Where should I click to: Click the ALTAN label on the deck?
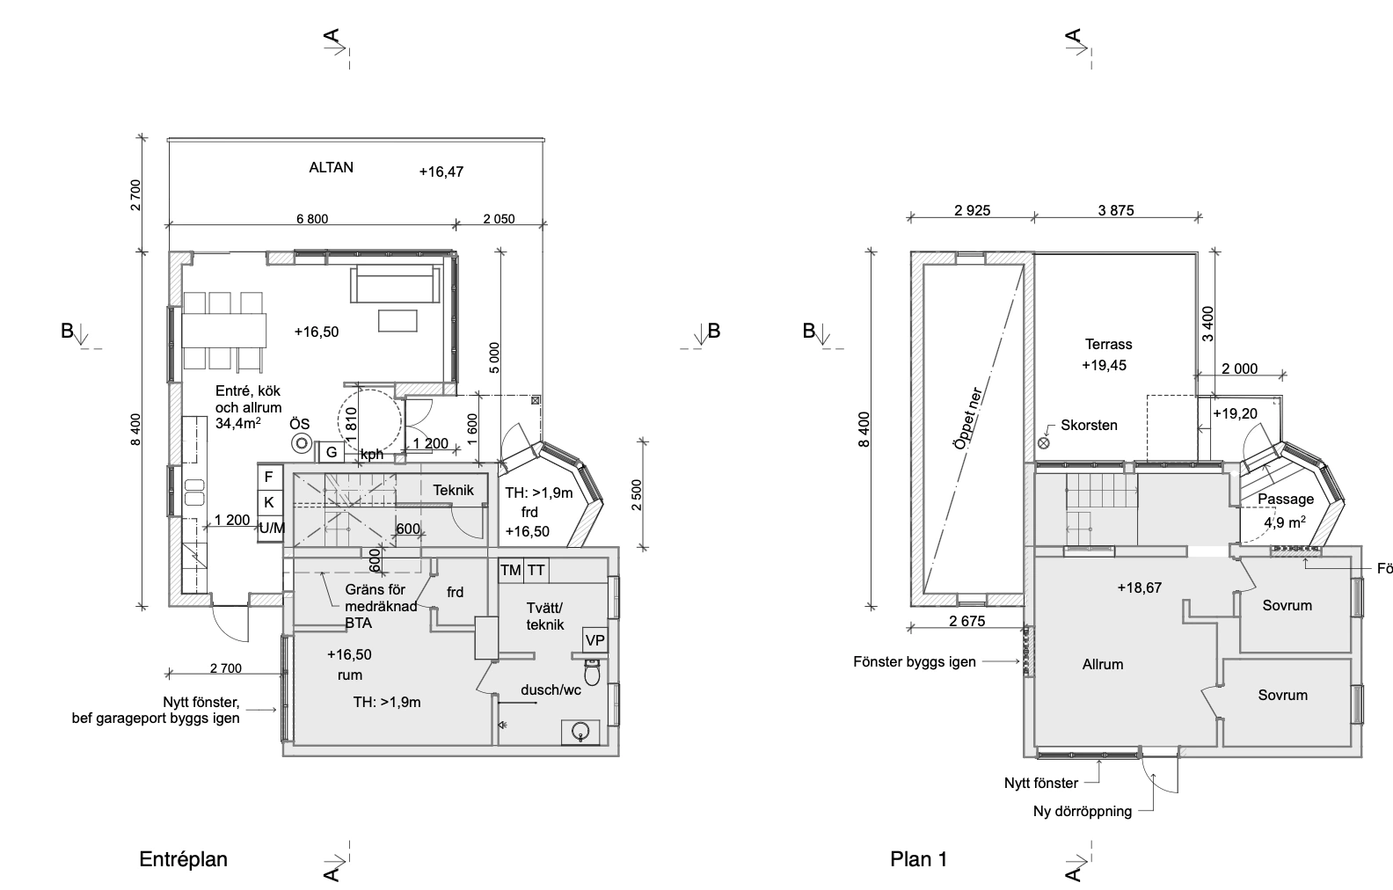tap(331, 167)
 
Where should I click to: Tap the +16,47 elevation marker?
tap(441, 171)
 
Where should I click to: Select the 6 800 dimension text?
tap(312, 219)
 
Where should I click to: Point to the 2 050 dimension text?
tap(499, 219)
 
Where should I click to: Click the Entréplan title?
tap(184, 859)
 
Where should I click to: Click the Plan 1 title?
tap(918, 859)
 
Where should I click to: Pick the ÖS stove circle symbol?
tap(303, 443)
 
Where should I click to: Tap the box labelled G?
tap(332, 452)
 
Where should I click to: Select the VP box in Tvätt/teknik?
tap(595, 640)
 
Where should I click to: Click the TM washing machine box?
tap(511, 570)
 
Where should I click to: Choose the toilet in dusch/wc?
tap(592, 671)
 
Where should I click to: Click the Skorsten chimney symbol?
tap(1044, 443)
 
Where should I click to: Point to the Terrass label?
tap(1109, 344)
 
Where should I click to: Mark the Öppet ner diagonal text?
tap(967, 419)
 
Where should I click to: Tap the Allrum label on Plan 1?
tap(1103, 664)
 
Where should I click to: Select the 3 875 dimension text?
tap(1116, 210)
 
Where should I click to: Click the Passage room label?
tap(1286, 499)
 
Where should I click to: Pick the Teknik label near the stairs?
tap(454, 490)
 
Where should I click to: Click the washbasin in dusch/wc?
tap(580, 732)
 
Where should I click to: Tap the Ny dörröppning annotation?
tap(1083, 811)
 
